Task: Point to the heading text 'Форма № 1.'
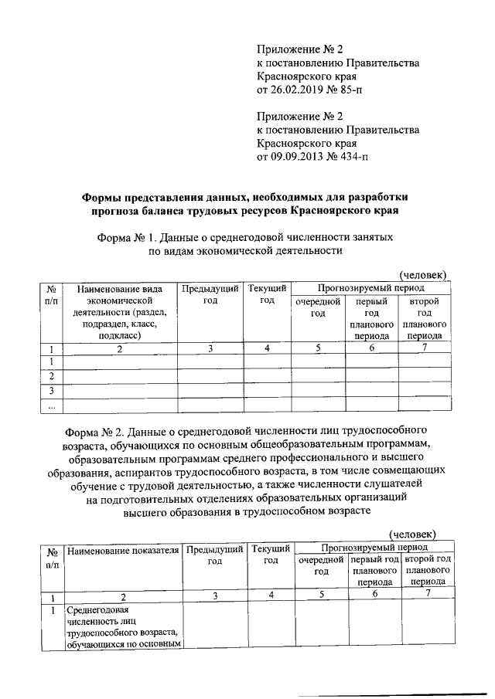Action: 125,236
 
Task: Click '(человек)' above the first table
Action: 422,274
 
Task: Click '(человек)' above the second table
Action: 412,534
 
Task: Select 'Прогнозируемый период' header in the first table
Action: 370,287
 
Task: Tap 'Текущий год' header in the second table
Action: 271,555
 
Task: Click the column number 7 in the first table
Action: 425,348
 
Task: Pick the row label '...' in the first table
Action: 51,405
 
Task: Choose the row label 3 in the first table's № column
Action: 51,391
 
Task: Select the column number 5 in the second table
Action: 321,594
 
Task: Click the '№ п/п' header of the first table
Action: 51,294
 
